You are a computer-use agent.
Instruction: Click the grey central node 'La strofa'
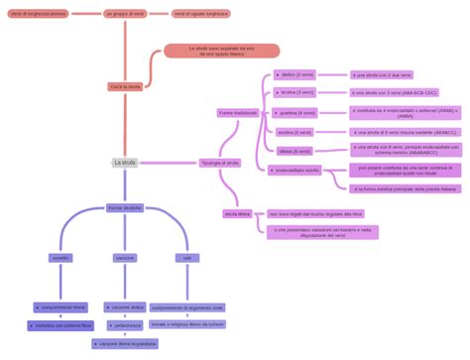tap(125, 162)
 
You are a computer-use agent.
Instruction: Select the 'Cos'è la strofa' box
tap(125, 87)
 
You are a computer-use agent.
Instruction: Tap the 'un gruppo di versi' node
tap(125, 15)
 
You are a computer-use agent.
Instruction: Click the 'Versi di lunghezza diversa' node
tap(38, 15)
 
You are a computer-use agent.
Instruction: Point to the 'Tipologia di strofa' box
tap(220, 163)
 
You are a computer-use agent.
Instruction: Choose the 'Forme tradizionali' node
tap(238, 113)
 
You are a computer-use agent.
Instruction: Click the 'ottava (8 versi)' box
tap(294, 151)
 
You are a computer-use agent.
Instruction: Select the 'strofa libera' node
tap(238, 213)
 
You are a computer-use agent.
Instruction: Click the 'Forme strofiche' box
tap(125, 208)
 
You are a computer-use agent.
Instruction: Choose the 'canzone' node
tap(125, 258)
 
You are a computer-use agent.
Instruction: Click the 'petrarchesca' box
tap(126, 325)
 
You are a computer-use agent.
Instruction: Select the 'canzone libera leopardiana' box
tap(125, 343)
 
